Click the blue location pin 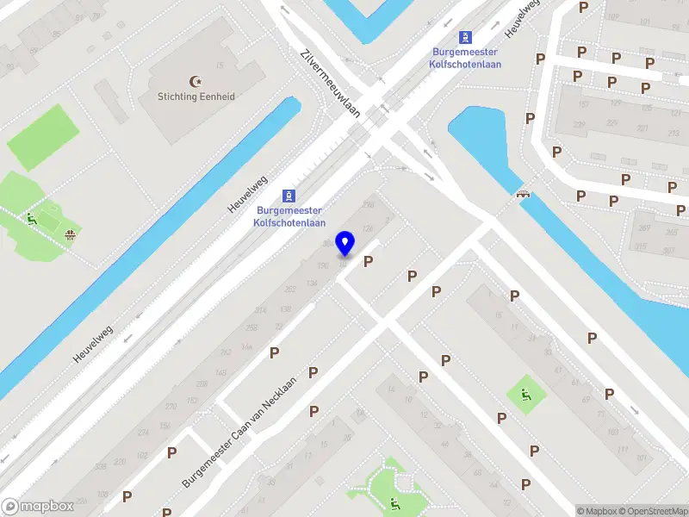point(345,244)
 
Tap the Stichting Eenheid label point(196,97)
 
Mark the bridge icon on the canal point(522,192)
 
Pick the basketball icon point(69,234)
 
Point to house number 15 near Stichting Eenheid point(220,66)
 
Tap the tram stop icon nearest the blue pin point(289,194)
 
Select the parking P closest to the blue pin point(369,261)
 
